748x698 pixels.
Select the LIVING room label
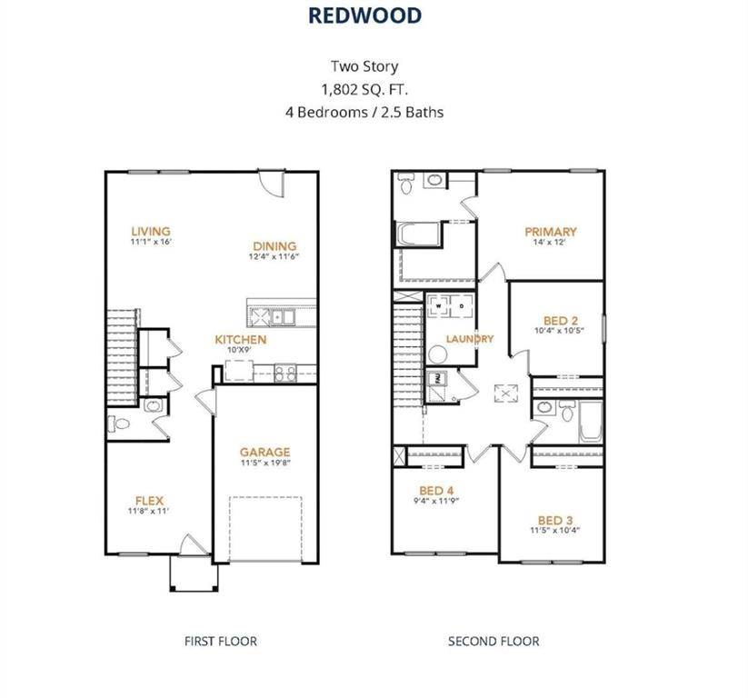150,231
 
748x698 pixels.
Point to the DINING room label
274,245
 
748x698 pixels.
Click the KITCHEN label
240,340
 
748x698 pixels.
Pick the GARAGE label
264,452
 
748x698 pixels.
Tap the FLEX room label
149,500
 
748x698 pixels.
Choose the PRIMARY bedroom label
551,232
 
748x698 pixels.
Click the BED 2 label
561,320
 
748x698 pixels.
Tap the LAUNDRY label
470,339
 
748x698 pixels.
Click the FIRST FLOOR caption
221,641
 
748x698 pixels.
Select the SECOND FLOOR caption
494,641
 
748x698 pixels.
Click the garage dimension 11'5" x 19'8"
264,464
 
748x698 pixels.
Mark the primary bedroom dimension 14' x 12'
551,244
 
